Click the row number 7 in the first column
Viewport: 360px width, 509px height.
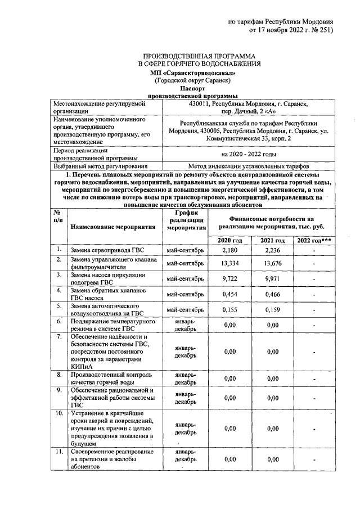[x=57, y=336]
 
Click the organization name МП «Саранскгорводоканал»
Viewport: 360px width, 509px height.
[x=193, y=73]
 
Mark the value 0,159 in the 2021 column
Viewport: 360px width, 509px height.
[x=273, y=309]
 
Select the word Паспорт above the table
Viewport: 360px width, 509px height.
[x=193, y=89]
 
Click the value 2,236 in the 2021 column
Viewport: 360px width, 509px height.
[x=273, y=250]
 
